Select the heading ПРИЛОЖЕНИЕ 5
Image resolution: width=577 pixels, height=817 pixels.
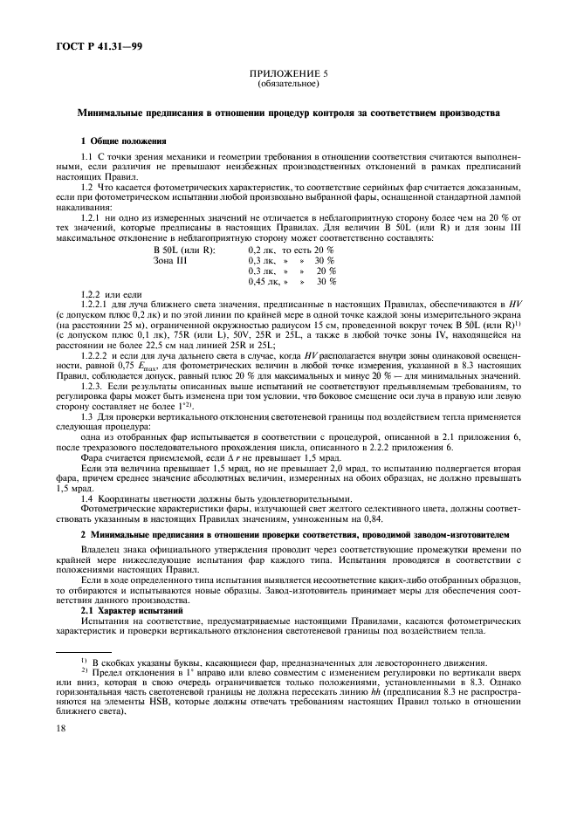[x=288, y=74]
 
